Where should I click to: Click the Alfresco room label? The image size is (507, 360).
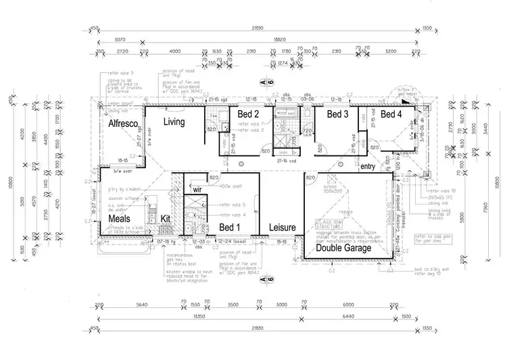123,124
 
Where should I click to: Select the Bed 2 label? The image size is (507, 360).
249,114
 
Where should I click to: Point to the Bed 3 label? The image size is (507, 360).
337,114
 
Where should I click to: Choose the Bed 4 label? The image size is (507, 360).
391,114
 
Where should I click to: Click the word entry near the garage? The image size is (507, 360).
368,166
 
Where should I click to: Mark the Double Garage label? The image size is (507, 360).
343,248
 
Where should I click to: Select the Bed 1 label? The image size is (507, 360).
229,228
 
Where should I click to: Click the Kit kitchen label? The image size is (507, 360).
166,219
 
